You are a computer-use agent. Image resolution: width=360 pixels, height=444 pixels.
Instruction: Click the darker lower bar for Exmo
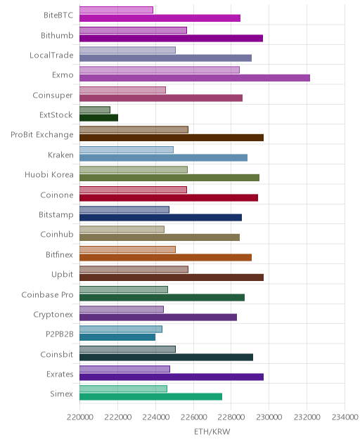point(195,78)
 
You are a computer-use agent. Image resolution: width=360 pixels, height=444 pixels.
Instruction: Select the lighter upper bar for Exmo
point(160,70)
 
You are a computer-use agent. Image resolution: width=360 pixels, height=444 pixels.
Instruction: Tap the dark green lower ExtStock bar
point(98,118)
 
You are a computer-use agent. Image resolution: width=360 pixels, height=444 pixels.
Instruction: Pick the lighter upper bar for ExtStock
point(95,110)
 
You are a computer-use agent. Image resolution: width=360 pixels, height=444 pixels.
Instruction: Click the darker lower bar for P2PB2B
point(117,337)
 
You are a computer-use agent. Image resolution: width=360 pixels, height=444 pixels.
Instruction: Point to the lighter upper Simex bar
point(123,388)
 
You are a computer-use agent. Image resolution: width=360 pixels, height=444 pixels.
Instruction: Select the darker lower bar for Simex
point(150,397)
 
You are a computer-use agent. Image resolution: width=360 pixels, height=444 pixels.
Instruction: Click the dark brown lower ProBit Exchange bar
point(172,138)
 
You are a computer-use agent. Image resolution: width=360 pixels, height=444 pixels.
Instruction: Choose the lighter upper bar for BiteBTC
point(116,10)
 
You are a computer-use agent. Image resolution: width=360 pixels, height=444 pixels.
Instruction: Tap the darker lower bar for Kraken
point(163,158)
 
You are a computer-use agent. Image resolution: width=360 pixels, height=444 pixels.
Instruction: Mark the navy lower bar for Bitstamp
point(160,218)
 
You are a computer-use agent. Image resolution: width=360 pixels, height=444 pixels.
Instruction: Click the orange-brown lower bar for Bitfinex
point(165,257)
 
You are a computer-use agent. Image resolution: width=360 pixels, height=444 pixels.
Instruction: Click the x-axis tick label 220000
point(80,417)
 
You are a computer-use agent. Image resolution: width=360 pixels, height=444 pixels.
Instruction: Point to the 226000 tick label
point(193,417)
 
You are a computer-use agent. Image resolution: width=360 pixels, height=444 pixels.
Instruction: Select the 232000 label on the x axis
point(307,417)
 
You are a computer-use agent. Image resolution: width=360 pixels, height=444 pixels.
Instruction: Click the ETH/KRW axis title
point(212,431)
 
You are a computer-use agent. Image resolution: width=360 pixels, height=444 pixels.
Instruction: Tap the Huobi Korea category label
point(49,174)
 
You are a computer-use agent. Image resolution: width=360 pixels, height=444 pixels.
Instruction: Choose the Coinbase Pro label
point(47,294)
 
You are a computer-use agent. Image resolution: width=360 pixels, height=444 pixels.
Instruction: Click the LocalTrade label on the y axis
point(51,55)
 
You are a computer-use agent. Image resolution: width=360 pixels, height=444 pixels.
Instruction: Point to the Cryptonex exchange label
point(53,315)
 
